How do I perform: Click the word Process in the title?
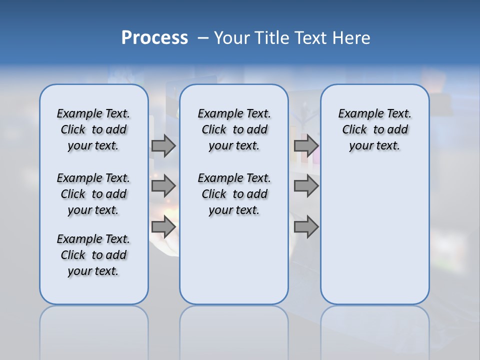coord(154,38)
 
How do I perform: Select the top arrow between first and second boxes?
coord(163,146)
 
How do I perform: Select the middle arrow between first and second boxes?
coord(163,186)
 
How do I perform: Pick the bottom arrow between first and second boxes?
coord(163,227)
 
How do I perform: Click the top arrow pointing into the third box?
coord(306,146)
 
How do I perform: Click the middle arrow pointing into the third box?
coord(306,186)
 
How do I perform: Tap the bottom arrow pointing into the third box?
coord(306,227)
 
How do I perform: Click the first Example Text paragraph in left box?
coord(93,129)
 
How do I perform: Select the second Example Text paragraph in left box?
coord(93,194)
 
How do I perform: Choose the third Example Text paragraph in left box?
coord(93,255)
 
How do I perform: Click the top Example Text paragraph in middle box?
coord(234,129)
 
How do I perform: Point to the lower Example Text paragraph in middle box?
coord(234,194)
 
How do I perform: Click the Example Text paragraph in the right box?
coord(374,129)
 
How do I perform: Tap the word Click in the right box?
coord(354,129)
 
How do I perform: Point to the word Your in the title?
coord(232,38)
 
